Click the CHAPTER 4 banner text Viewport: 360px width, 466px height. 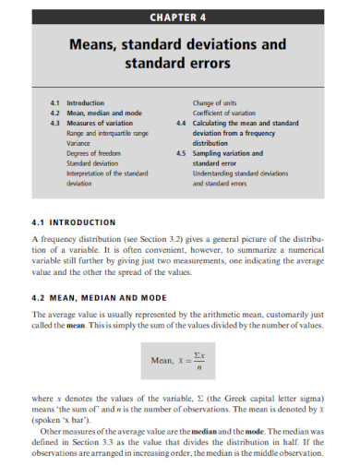pyautogui.click(x=179, y=16)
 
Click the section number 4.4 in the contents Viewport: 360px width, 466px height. pyautogui.click(x=180, y=122)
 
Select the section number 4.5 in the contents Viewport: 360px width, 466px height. pyautogui.click(x=180, y=153)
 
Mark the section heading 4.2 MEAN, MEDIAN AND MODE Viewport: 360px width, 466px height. pyautogui.click(x=101, y=296)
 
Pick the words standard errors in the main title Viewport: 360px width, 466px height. pyautogui.click(x=180, y=65)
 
